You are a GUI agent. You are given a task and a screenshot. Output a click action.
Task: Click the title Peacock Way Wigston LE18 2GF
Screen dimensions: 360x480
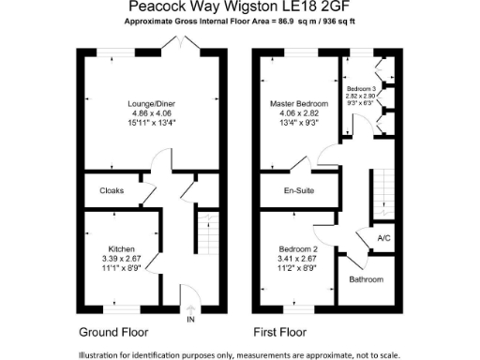(239, 7)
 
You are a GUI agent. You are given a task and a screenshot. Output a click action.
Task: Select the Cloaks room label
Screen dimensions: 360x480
(112, 190)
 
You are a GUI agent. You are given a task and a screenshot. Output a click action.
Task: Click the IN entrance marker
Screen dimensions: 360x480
(190, 320)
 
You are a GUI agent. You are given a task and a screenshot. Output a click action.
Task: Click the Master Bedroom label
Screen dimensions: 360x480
(300, 102)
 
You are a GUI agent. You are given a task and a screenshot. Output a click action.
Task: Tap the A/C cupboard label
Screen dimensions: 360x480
(384, 238)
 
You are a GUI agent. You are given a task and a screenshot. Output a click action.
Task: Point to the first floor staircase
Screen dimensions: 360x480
(381, 193)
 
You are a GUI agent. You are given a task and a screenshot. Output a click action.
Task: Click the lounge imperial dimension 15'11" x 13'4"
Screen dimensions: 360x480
(153, 122)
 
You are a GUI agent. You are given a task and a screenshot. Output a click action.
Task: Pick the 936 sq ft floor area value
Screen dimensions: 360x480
(340, 20)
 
